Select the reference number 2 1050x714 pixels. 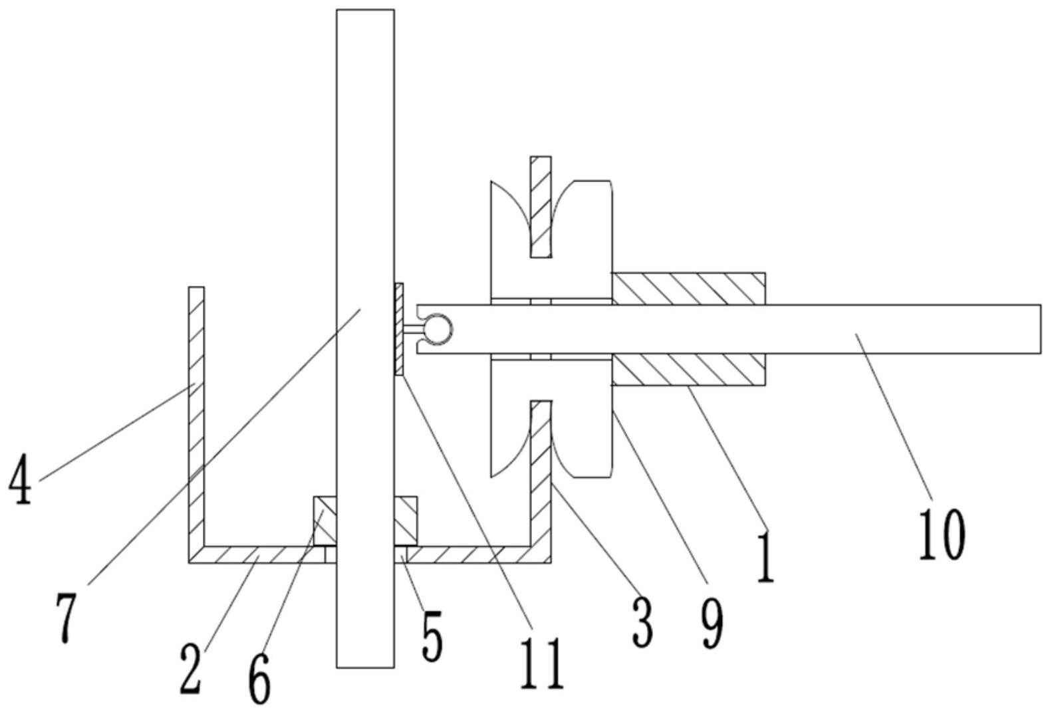coord(192,669)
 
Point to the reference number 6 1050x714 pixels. coord(259,678)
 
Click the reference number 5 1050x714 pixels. coord(432,636)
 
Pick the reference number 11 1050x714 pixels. coord(543,663)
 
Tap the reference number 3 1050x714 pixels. coord(642,624)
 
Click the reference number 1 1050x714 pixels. coord(765,556)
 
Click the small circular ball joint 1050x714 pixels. coord(440,329)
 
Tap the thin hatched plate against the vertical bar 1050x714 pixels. coord(399,329)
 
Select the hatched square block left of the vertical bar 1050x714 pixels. coord(325,521)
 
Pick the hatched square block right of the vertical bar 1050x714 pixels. coord(406,521)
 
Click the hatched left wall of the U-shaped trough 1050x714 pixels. coord(196,424)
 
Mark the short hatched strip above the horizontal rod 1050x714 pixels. coord(541,207)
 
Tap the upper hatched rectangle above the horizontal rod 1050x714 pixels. coord(688,289)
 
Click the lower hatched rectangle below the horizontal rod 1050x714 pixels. coord(688,370)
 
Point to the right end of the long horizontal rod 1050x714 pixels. coord(1041,329)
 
